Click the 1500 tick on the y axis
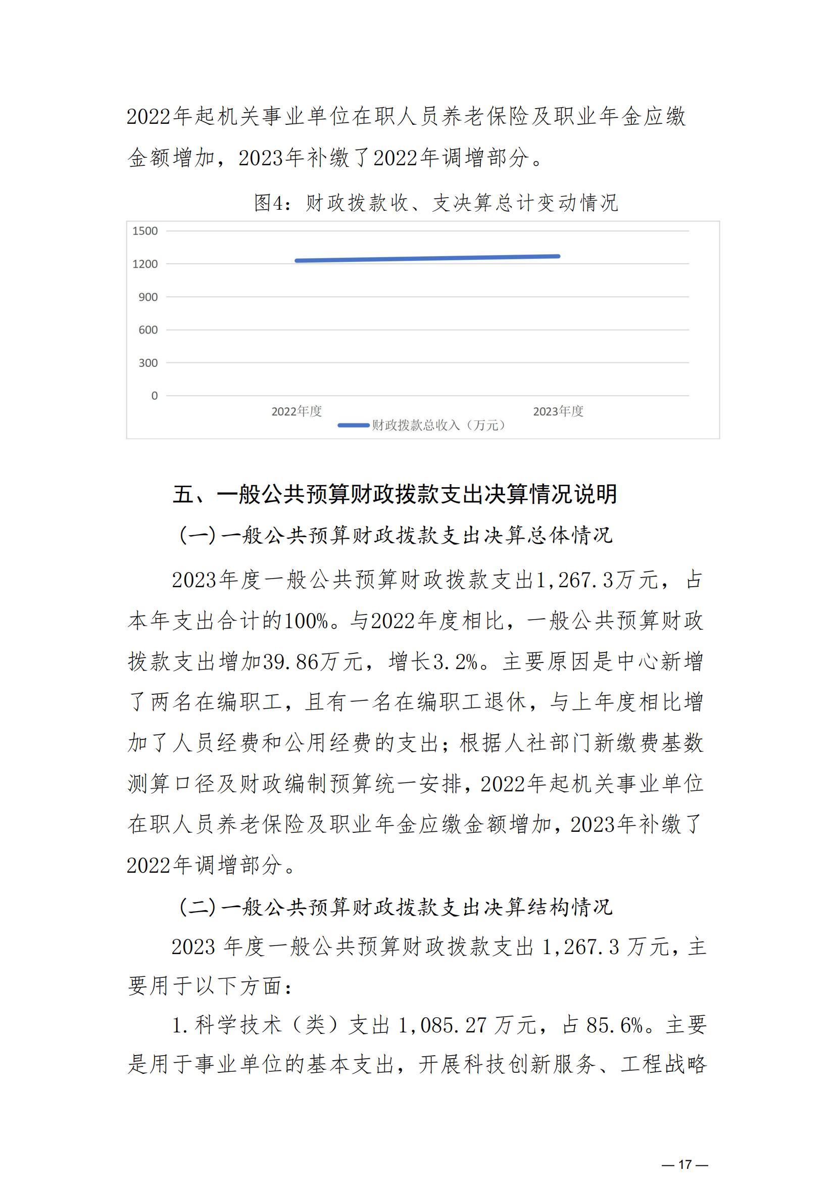[145, 231]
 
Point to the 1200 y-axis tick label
[145, 264]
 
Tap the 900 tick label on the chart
[148, 297]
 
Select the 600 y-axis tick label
[148, 330]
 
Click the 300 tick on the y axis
[148, 363]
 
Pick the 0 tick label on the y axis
[155, 396]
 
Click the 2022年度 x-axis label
[297, 411]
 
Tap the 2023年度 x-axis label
[558, 411]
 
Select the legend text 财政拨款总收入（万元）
[439, 425]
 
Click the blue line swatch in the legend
[354, 425]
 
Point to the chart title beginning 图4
[436, 203]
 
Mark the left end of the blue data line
[297, 260]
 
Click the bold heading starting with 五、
[395, 494]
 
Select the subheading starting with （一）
[396, 536]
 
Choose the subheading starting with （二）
[396, 907]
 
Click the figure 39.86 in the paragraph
[290, 661]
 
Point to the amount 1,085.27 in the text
[443, 1025]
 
